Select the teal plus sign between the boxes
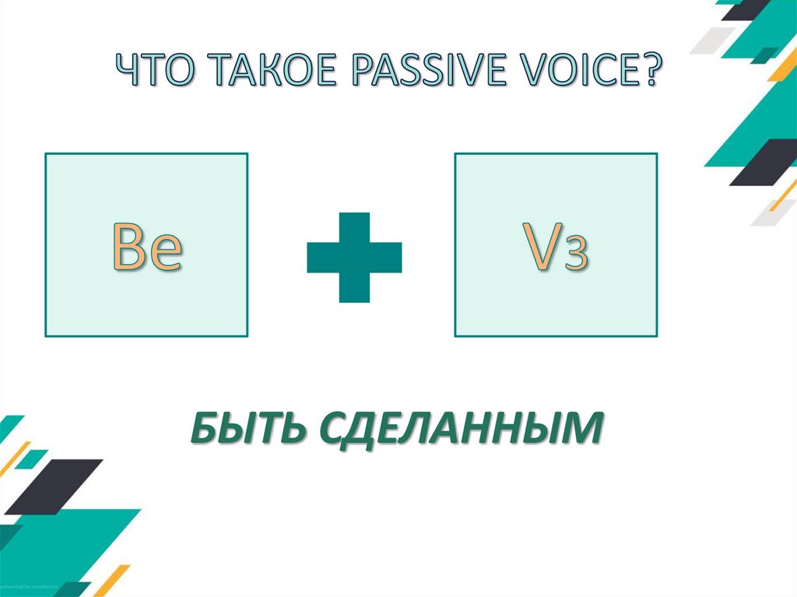coord(354,258)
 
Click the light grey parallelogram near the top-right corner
coord(712,39)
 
